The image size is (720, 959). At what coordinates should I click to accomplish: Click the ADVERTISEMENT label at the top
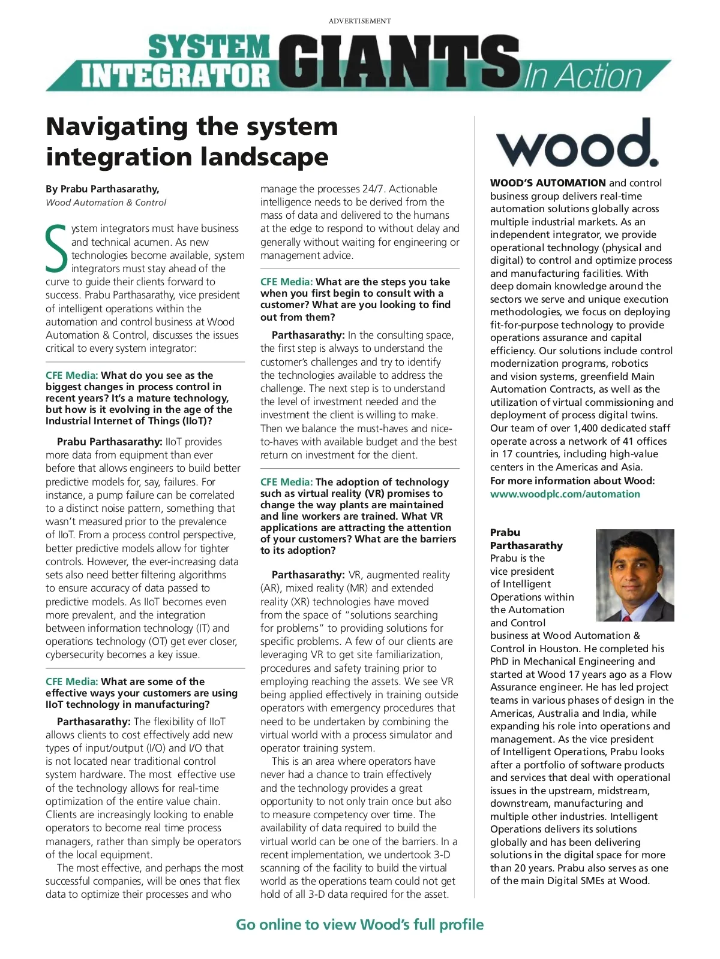pyautogui.click(x=359, y=21)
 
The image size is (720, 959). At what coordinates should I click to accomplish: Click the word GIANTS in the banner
pyautogui.click(x=399, y=63)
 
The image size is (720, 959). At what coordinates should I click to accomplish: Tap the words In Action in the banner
pyautogui.click(x=583, y=77)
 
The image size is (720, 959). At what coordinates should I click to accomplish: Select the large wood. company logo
pyautogui.click(x=577, y=143)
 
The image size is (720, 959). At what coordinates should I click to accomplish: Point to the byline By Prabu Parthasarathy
pyautogui.click(x=103, y=189)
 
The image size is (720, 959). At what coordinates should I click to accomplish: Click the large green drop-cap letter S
pyautogui.click(x=56, y=248)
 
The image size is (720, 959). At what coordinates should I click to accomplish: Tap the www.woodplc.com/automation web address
pyautogui.click(x=565, y=494)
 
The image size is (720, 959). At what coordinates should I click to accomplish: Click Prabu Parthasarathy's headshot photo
pyautogui.click(x=635, y=575)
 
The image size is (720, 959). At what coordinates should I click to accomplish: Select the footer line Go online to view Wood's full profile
pyautogui.click(x=359, y=924)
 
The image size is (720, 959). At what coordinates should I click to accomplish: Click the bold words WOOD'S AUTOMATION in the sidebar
pyautogui.click(x=548, y=183)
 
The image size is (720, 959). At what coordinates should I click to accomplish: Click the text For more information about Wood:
pyautogui.click(x=572, y=481)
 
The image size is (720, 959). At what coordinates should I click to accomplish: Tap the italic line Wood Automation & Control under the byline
pyautogui.click(x=106, y=203)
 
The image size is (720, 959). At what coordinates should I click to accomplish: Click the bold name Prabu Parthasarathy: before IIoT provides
pyautogui.click(x=110, y=442)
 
